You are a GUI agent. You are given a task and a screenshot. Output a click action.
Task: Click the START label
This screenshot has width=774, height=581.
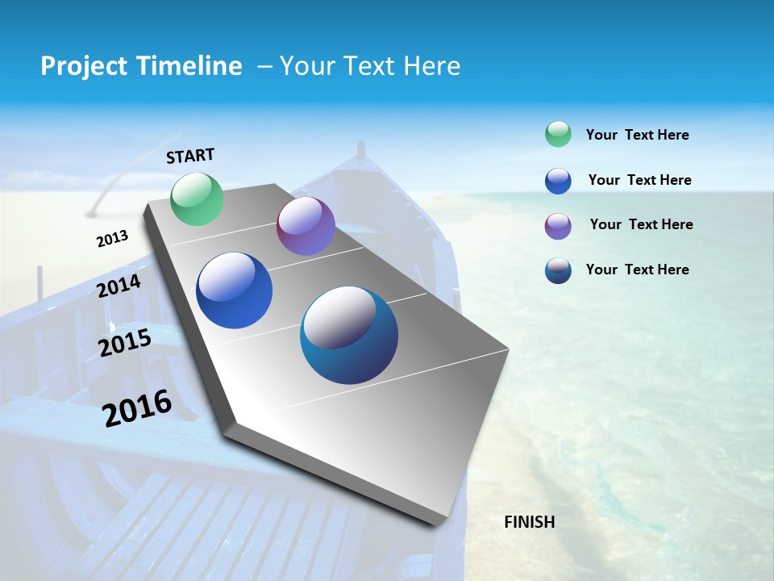tap(190, 156)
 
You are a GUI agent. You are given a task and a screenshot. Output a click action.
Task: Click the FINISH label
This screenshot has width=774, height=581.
tap(529, 522)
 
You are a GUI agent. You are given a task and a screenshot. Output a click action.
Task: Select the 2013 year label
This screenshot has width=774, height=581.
tap(112, 239)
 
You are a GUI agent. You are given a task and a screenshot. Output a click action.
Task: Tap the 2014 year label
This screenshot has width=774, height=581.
tap(119, 286)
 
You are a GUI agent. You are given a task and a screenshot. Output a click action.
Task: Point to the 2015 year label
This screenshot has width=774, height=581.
tap(125, 343)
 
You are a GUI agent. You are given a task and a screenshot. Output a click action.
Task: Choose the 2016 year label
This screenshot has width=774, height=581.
tap(137, 408)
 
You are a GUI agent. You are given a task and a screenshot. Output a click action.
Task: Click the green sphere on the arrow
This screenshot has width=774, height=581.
tap(197, 199)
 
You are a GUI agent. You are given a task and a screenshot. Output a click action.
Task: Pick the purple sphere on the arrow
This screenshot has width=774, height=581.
tap(306, 226)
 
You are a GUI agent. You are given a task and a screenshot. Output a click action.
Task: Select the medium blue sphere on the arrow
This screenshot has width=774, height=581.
tap(235, 290)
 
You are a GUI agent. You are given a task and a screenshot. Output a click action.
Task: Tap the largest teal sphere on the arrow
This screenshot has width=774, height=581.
tap(349, 335)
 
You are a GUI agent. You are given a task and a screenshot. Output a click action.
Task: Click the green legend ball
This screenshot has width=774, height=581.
tap(558, 135)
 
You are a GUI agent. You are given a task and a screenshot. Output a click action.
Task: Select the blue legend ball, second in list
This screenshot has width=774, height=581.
tap(558, 181)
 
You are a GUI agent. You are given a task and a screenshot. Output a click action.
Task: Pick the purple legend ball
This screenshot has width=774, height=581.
tap(558, 226)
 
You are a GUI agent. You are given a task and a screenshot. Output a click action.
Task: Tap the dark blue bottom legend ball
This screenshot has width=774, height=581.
tap(558, 270)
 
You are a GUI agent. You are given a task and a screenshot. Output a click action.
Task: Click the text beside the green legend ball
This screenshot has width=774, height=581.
tap(637, 135)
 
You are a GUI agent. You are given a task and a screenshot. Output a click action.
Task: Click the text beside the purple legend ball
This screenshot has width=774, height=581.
tap(641, 224)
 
